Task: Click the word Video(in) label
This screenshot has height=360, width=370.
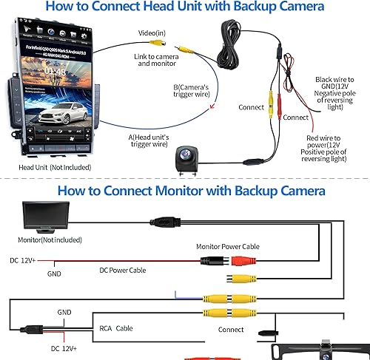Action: pos(152,33)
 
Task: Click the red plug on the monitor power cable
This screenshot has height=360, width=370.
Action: pos(243,260)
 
